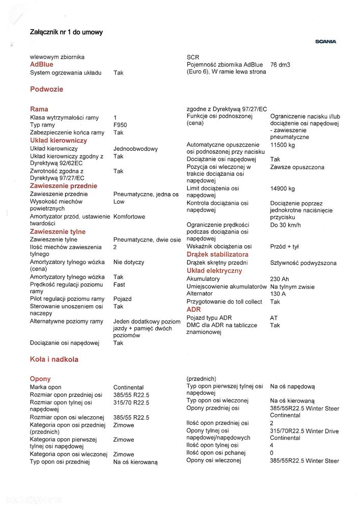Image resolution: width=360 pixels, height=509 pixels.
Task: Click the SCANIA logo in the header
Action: tap(326, 42)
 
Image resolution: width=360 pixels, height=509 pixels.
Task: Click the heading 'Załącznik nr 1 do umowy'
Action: tap(66, 32)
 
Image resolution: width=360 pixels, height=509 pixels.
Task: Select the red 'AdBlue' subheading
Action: tap(42, 65)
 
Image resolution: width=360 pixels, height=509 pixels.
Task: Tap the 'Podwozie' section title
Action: tap(46, 89)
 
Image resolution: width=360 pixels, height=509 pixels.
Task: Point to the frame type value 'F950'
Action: tap(120, 125)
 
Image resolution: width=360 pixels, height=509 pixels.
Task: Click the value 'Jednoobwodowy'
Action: tap(135, 149)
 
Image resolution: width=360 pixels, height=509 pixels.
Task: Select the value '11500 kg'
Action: tap(283, 145)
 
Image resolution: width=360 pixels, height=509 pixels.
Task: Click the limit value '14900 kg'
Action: tap(283, 189)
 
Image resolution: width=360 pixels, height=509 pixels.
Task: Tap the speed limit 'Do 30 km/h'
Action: tap(286, 225)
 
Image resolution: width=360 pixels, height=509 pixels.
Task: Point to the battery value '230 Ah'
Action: tap(280, 279)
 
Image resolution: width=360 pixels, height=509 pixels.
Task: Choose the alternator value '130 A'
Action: tap(279, 294)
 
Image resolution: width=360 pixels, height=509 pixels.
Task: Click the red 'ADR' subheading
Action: tap(193, 309)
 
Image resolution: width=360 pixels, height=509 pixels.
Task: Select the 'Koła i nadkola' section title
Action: tap(54, 359)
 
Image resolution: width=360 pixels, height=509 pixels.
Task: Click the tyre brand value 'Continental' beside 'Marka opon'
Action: tap(128, 387)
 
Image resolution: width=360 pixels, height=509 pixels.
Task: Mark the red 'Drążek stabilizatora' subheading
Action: tap(217, 254)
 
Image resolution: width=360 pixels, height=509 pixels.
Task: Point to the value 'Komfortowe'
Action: tap(129, 217)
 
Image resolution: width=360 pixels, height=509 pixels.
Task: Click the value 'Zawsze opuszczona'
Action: tap(297, 167)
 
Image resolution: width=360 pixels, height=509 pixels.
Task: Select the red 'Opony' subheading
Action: tap(40, 379)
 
